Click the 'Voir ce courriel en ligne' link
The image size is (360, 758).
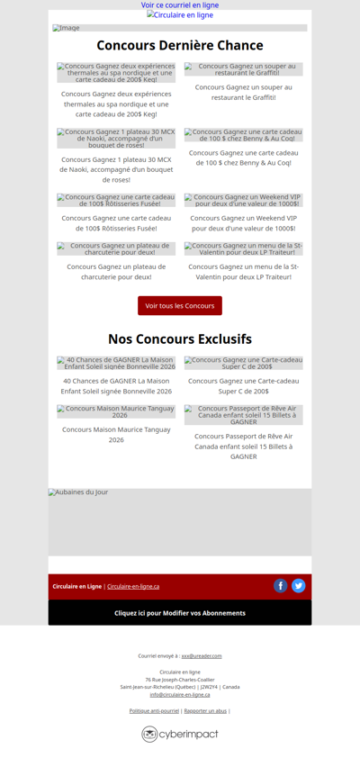(180, 5)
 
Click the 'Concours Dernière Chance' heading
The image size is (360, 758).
(180, 46)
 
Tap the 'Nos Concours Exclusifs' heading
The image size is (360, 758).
(180, 339)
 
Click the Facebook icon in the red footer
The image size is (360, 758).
(281, 586)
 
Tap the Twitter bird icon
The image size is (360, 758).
(299, 586)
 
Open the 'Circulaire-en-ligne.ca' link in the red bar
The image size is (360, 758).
(133, 587)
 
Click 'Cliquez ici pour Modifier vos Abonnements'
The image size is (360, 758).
(180, 613)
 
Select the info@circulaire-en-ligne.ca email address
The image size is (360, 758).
(180, 694)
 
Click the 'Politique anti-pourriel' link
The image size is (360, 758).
(154, 711)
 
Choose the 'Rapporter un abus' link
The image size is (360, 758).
(205, 711)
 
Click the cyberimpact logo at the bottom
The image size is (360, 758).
(180, 735)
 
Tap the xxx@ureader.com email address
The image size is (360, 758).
(202, 656)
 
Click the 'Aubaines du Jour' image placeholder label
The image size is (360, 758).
(78, 492)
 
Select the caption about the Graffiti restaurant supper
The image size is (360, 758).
(244, 93)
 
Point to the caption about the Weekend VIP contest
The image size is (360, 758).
(244, 223)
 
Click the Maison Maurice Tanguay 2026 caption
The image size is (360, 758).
(116, 435)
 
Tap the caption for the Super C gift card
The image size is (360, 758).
(244, 386)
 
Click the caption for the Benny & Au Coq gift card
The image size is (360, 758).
(244, 158)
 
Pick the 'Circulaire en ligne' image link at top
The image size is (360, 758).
(180, 15)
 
